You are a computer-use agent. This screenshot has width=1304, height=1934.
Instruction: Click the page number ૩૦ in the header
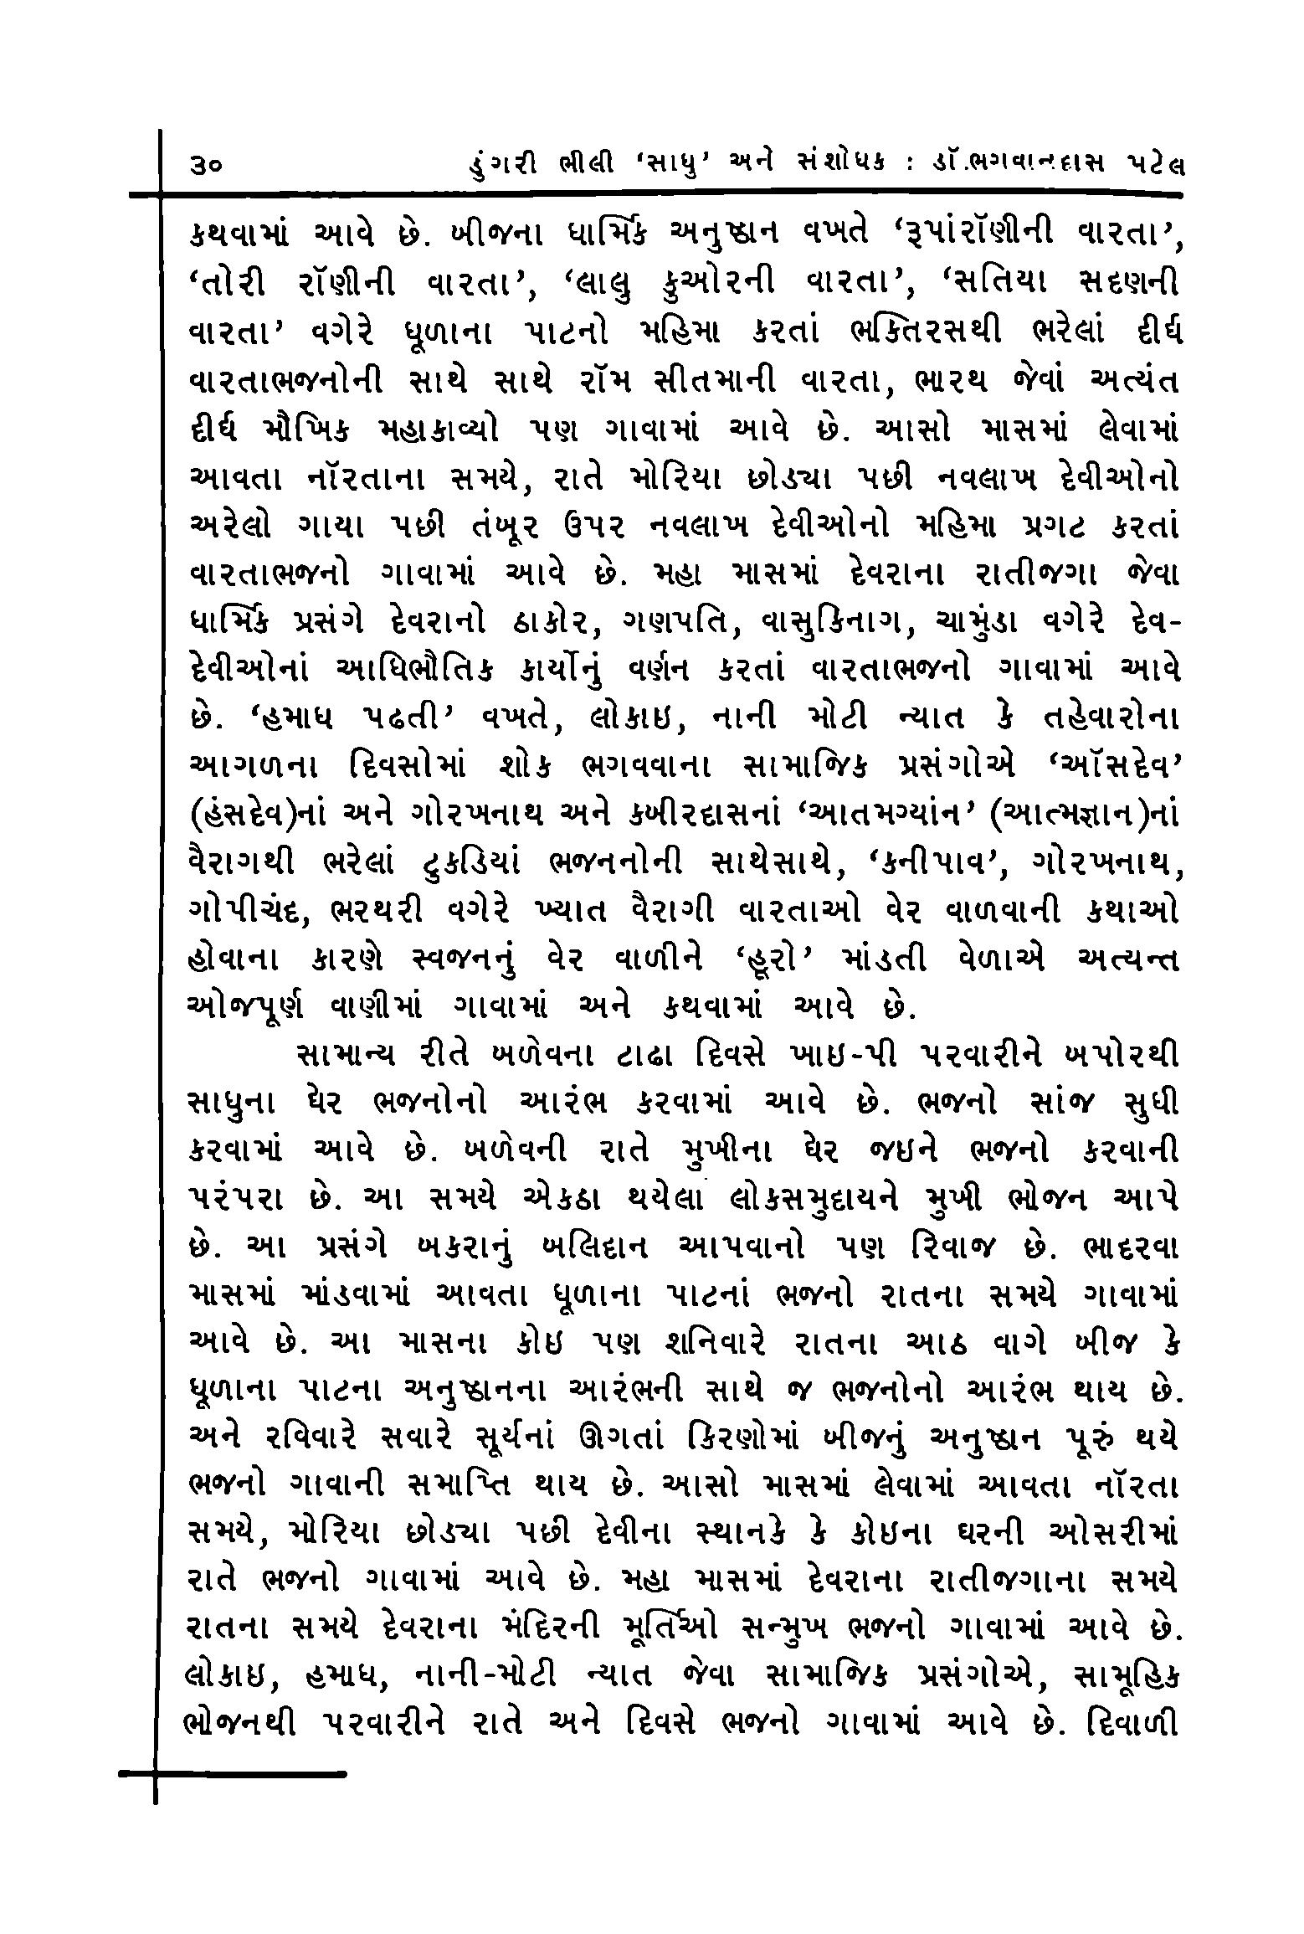tap(206, 167)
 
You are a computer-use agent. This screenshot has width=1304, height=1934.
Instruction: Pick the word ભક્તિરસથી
tap(912, 332)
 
